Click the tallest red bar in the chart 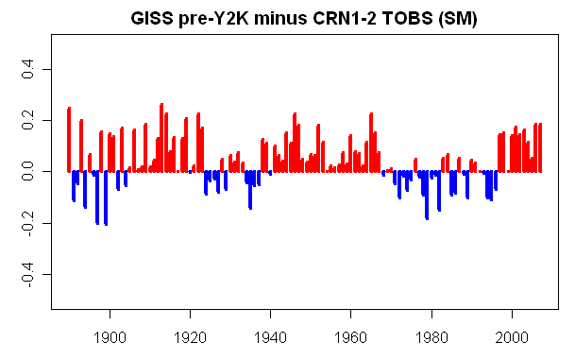(161, 138)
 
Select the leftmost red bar (69, 140)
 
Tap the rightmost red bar (540, 147)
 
